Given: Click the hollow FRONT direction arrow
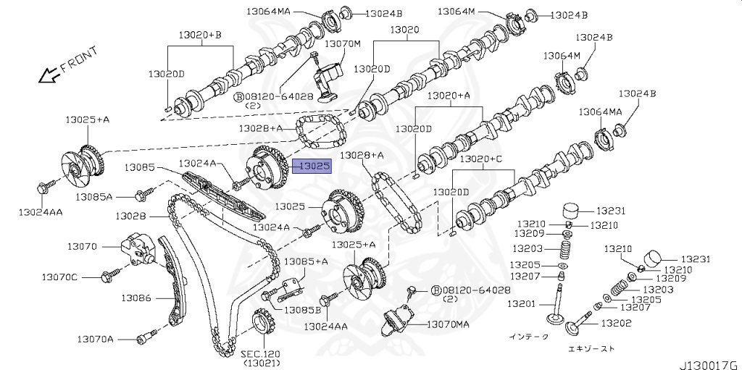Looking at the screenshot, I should click(48, 73).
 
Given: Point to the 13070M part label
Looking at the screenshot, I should click(343, 43).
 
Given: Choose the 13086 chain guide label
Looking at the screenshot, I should click(136, 298).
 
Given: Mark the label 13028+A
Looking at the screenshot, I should click(362, 155).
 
